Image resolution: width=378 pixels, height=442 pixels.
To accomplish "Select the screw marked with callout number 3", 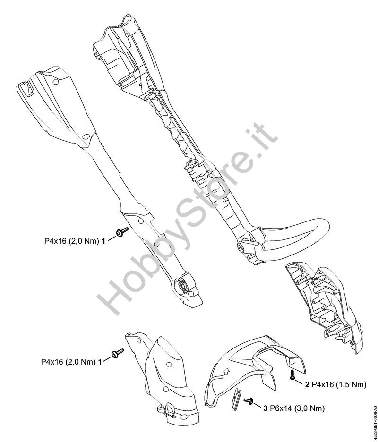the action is pos(249,402).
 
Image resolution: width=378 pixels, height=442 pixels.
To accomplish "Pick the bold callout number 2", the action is pos(307,385).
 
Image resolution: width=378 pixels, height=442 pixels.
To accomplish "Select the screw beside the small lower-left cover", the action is pos(117,353).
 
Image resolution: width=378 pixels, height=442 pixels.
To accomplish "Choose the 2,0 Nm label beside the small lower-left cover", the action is pos(69,362).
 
